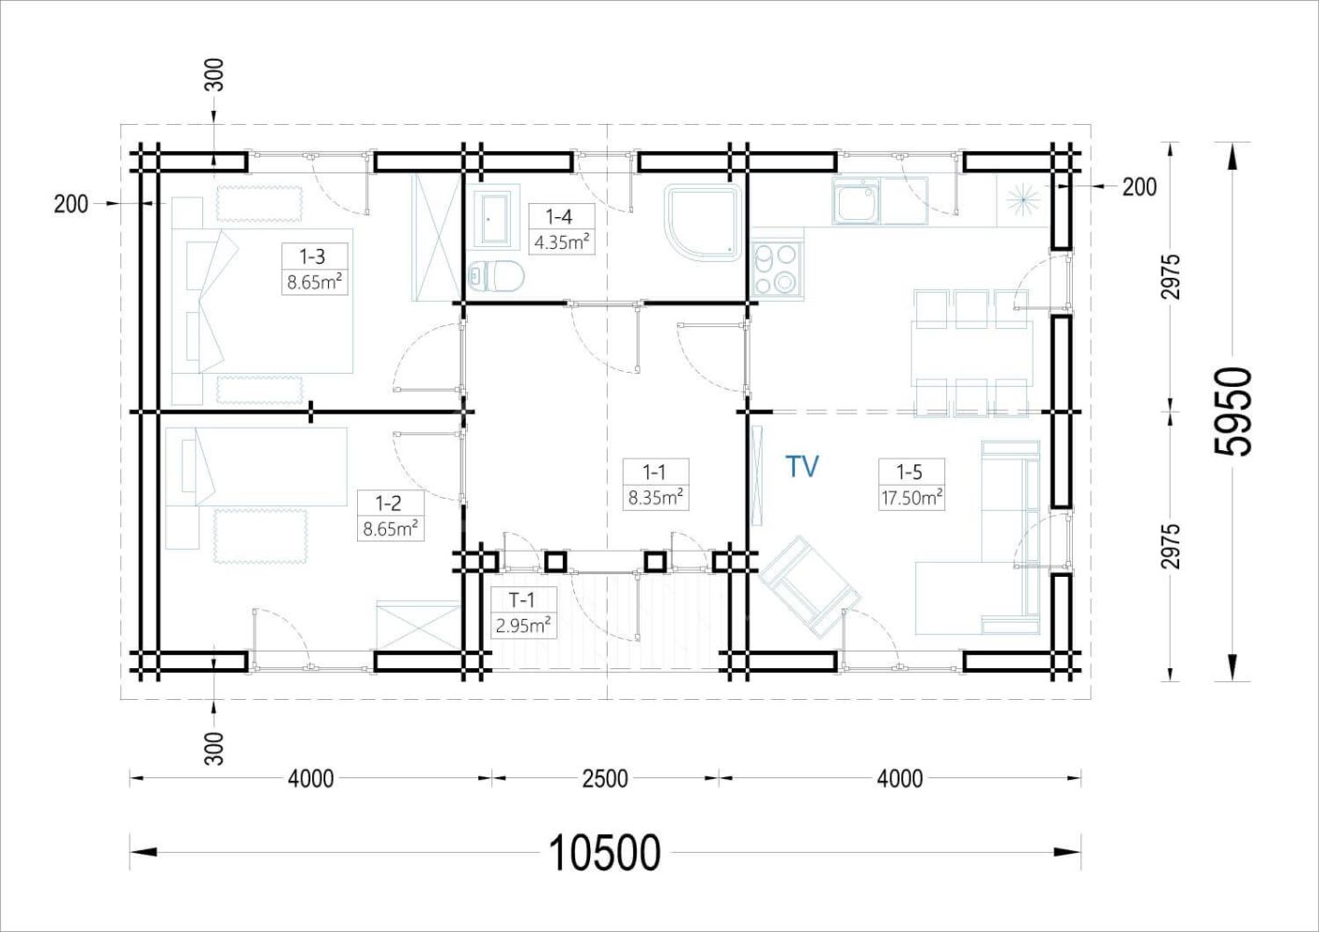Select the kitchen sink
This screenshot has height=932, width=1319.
pyautogui.click(x=855, y=203)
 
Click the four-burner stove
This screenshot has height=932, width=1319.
pyautogui.click(x=776, y=267)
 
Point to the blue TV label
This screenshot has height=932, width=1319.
pyautogui.click(x=802, y=466)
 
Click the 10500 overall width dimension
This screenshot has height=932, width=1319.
pyautogui.click(x=605, y=852)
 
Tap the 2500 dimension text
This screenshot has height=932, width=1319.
pyautogui.click(x=605, y=777)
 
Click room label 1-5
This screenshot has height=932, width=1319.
pyautogui.click(x=908, y=473)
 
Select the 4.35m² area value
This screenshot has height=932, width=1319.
pyautogui.click(x=561, y=243)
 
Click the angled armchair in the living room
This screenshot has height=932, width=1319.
pyautogui.click(x=807, y=585)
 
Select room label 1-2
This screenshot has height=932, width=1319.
pyautogui.click(x=388, y=503)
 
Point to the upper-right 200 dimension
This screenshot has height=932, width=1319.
pyautogui.click(x=1138, y=186)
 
